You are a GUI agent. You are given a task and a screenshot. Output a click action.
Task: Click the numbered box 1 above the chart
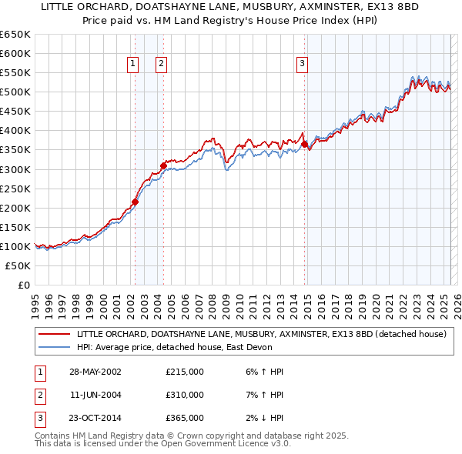tap(133, 65)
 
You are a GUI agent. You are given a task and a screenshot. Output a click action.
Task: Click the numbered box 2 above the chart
tap(161, 65)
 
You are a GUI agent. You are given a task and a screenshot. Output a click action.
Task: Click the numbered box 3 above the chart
tap(303, 65)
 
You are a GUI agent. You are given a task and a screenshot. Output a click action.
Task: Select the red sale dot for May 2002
tap(135, 202)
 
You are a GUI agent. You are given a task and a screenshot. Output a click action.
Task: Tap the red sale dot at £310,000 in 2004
tap(163, 165)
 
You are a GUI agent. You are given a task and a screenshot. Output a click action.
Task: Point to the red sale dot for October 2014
tap(305, 144)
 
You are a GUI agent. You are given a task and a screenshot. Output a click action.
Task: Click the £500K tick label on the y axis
tap(15, 92)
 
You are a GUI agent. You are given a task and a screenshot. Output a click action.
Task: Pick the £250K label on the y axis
tap(15, 189)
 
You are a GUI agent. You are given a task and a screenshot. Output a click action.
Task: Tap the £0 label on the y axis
tap(22, 285)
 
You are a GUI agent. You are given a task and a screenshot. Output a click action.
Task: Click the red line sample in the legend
tap(54, 334)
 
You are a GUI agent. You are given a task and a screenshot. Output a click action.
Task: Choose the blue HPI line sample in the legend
tap(54, 347)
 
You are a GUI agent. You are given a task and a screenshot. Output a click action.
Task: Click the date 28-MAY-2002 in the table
tap(95, 372)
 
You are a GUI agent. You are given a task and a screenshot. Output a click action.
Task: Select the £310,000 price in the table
tap(185, 395)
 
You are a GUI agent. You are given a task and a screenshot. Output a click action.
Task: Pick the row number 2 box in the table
tap(38, 395)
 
